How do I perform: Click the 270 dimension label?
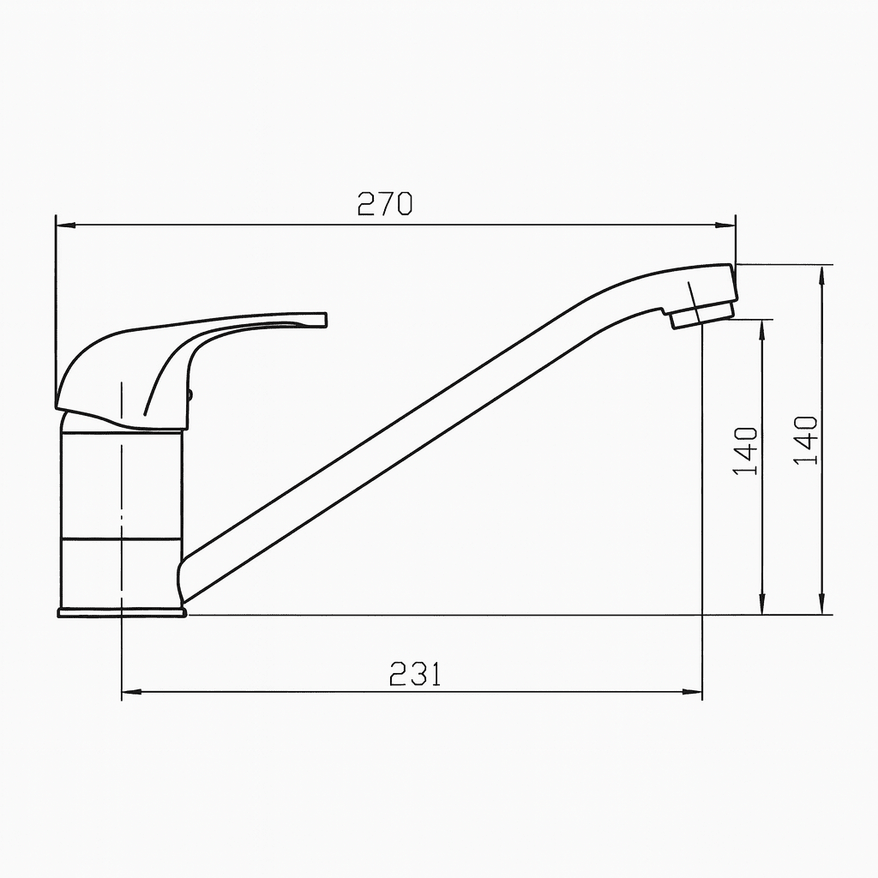384,204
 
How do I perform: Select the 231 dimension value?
415,674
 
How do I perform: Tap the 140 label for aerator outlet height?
746,451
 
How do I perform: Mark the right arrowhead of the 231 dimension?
695,691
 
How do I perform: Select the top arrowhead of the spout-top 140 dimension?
822,272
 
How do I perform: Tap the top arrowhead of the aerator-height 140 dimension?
761,327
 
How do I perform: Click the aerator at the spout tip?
702,314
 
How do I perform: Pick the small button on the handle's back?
190,395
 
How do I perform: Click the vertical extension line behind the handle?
55,300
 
